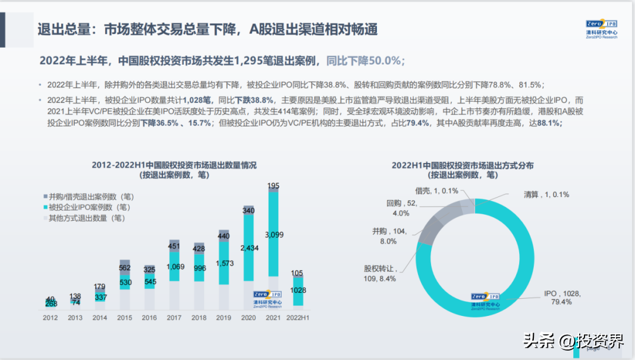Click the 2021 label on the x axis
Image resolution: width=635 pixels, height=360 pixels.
coord(273,318)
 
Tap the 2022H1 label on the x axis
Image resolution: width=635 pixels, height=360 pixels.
coord(298,318)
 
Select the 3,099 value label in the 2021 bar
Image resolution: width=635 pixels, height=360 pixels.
coord(273,235)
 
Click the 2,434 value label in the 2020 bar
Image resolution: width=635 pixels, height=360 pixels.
coord(249,248)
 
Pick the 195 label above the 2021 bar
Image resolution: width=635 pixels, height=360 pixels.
coord(273,186)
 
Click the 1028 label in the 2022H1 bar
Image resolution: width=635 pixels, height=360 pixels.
coord(298,290)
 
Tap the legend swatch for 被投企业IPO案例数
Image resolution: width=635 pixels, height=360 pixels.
coord(45,208)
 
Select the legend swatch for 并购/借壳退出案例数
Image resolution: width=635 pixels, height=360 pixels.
coord(45,196)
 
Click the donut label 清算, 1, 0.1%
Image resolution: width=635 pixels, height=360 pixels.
coord(546,194)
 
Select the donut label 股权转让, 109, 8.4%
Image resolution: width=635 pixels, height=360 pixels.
coord(380,274)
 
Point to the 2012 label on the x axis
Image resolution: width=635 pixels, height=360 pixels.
coord(51,318)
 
